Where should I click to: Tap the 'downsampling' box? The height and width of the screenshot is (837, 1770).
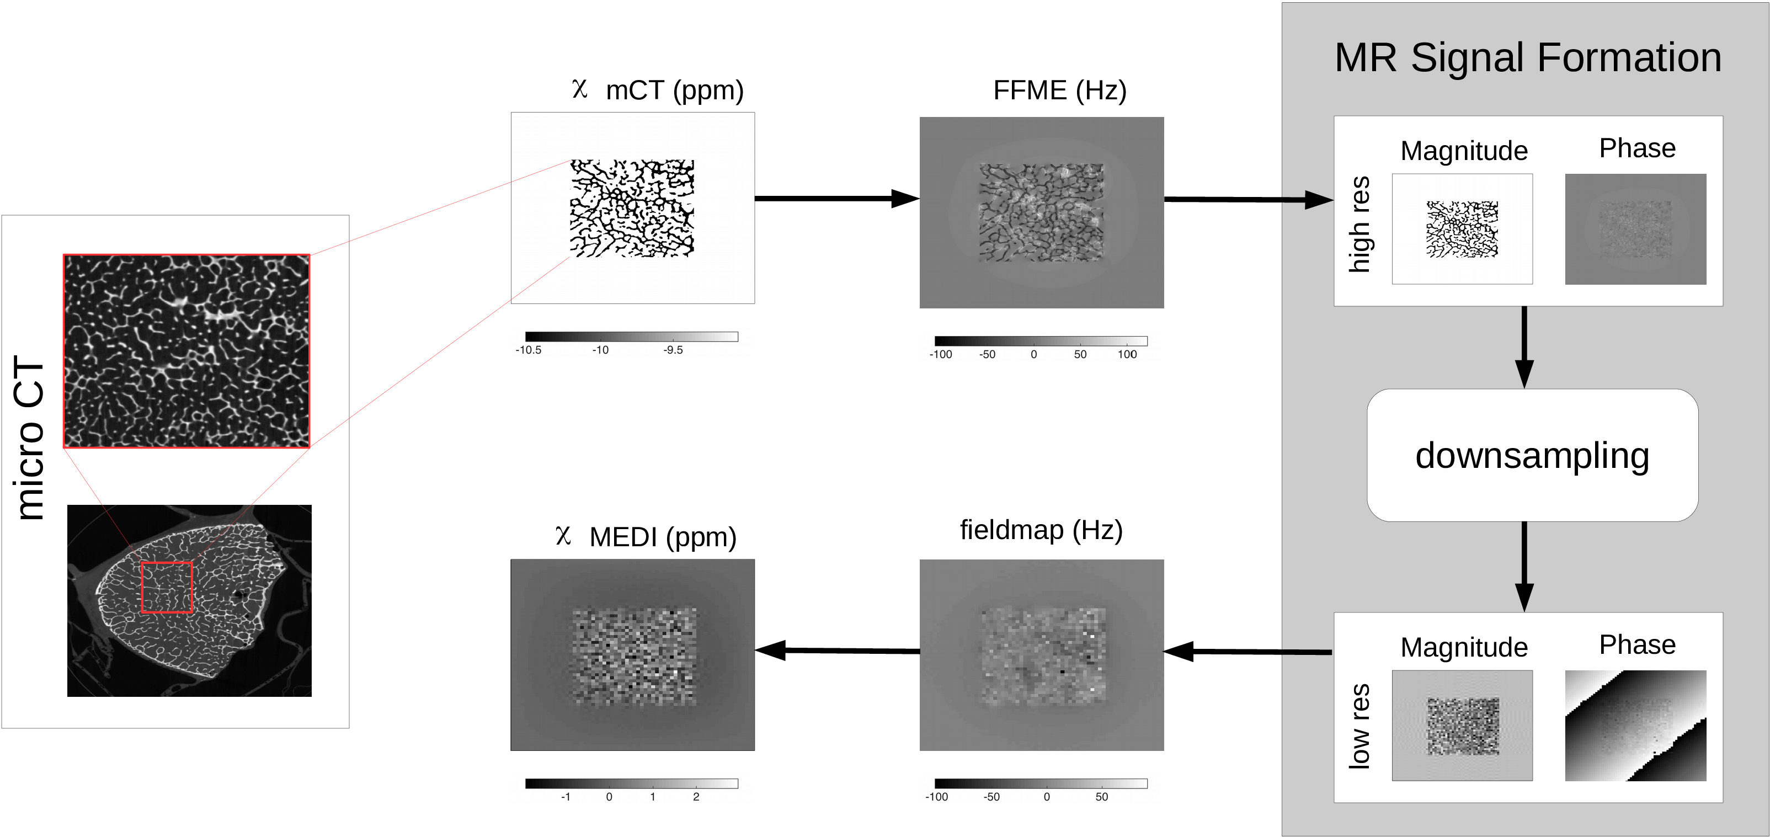1532,456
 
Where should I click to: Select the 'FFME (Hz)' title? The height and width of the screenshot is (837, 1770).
1059,90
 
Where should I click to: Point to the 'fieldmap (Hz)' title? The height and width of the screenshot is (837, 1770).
1041,530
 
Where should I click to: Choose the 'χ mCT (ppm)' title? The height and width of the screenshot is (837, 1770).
657,90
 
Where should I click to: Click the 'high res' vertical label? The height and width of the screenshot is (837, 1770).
1359,224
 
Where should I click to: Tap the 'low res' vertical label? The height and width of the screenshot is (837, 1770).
1359,726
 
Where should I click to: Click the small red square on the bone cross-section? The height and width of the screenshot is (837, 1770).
167,588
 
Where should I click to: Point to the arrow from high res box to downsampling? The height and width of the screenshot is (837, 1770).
1524,347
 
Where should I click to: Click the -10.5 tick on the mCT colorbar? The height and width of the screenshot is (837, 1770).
529,350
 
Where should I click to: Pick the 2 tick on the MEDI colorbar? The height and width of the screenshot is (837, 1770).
696,797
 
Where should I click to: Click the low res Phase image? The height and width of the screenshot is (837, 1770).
1635,725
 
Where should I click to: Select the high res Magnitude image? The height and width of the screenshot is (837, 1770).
1462,229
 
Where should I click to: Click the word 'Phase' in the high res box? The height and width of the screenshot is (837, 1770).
1638,148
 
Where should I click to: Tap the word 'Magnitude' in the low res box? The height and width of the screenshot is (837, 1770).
1464,647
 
